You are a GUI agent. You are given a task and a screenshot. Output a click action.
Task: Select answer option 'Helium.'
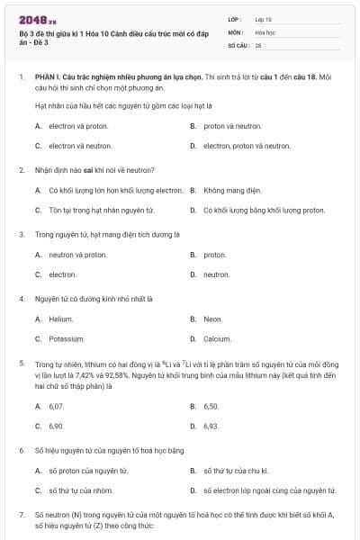pyautogui.click(x=61, y=319)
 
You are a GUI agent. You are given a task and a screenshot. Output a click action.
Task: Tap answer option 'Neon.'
pyautogui.click(x=213, y=319)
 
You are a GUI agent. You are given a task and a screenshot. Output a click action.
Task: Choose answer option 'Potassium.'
pyautogui.click(x=67, y=338)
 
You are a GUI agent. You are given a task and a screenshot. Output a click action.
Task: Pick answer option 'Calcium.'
pyautogui.click(x=217, y=338)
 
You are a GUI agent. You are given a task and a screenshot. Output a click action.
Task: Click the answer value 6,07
pyautogui.click(x=57, y=406)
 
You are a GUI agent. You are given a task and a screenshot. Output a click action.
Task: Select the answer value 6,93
pyautogui.click(x=211, y=426)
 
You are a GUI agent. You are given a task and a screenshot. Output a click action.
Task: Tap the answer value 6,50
pyautogui.click(x=211, y=406)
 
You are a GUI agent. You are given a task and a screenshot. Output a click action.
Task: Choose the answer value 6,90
pyautogui.click(x=57, y=426)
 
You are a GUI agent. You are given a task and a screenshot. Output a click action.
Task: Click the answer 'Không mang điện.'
pyautogui.click(x=229, y=190)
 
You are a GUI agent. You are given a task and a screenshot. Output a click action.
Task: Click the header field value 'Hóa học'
pyautogui.click(x=265, y=31)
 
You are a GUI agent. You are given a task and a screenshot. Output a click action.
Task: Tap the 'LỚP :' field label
pyautogui.click(x=236, y=18)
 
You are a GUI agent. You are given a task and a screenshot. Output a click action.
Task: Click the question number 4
pyautogui.click(x=21, y=297)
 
